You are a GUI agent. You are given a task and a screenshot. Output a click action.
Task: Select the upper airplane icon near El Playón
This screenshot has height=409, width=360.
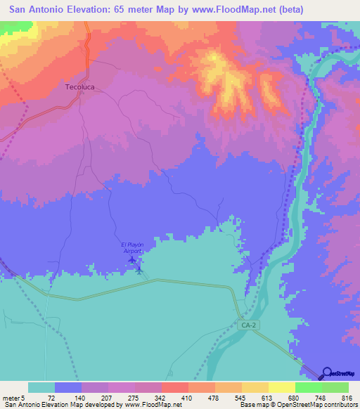pyautogui.click(x=132, y=259)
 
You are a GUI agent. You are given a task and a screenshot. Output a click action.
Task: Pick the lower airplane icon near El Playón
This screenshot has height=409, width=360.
pyautogui.click(x=139, y=268)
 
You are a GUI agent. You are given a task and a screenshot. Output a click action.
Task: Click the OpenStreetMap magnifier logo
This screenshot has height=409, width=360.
pyautogui.click(x=326, y=373)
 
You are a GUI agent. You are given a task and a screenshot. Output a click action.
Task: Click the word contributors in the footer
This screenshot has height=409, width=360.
pyautogui.click(x=340, y=405)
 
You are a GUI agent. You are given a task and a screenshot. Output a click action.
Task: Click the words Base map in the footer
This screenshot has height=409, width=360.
pyautogui.click(x=254, y=405)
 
